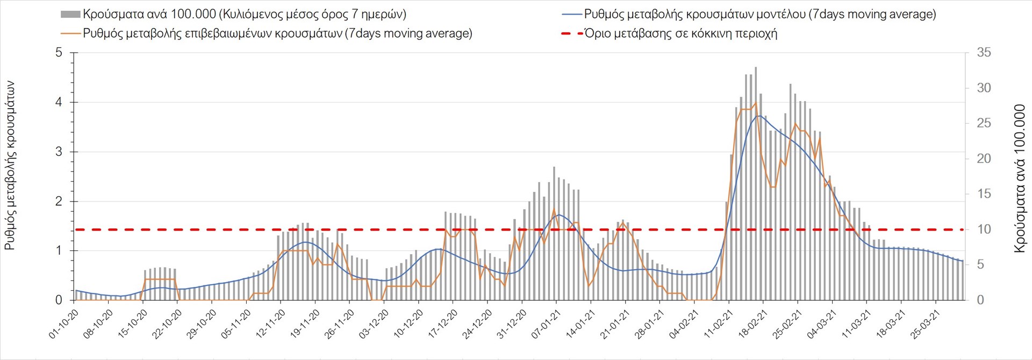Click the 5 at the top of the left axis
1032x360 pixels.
click(x=59, y=53)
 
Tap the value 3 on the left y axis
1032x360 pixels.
click(x=59, y=152)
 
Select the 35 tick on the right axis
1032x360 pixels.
click(x=984, y=53)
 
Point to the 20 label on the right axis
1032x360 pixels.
click(x=984, y=159)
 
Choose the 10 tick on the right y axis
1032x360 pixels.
click(x=984, y=229)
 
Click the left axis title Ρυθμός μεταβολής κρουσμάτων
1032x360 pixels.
click(x=10, y=165)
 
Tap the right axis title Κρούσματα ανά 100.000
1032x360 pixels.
click(x=1020, y=179)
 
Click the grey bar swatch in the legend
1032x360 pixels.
click(x=70, y=15)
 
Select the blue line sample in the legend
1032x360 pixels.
click(x=571, y=15)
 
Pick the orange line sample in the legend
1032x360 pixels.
click(x=70, y=33)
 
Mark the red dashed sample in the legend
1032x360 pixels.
click(x=571, y=33)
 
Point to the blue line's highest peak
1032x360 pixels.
click(x=758, y=116)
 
